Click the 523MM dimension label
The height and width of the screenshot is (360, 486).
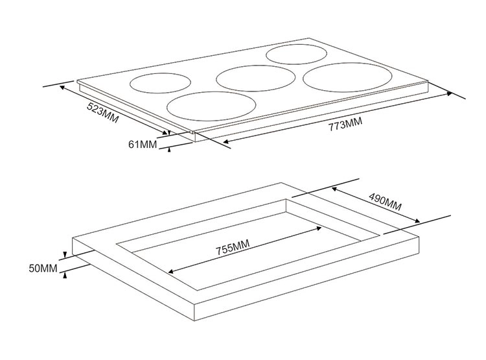(102, 112)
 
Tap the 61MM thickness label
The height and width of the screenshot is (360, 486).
(143, 144)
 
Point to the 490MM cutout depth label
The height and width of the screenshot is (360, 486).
(385, 202)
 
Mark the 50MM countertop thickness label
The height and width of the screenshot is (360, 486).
(43, 268)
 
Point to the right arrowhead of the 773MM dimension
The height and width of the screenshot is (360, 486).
(450, 93)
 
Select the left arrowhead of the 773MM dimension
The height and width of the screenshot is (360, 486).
(226, 142)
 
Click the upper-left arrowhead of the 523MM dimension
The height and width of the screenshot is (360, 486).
(62, 88)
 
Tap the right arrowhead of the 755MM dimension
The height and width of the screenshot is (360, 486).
(319, 228)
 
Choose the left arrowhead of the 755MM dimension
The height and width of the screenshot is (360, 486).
(171, 272)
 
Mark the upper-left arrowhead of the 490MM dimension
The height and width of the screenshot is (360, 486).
(334, 188)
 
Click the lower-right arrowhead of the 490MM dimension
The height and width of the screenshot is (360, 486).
(417, 221)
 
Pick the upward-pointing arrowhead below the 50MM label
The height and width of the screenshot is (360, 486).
(65, 275)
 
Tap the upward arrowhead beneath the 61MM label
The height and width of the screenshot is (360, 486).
(169, 150)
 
